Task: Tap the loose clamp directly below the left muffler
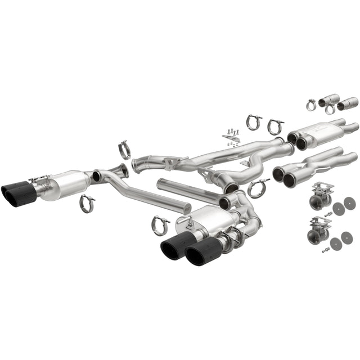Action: (x=87, y=203)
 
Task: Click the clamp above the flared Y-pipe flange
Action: (x=124, y=150)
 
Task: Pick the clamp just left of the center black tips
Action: (x=160, y=225)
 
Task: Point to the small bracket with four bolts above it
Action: (x=231, y=138)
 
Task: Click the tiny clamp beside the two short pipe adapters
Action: (x=312, y=105)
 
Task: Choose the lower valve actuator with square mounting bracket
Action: (x=316, y=228)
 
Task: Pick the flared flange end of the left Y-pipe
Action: (x=120, y=169)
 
